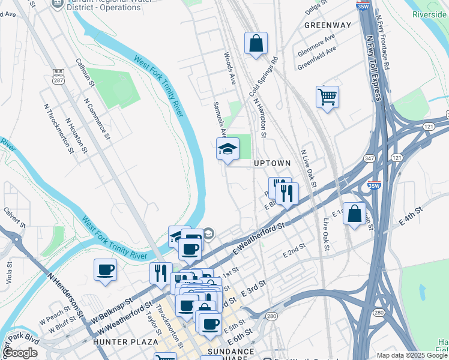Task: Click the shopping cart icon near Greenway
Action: click(327, 97)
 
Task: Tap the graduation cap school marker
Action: click(228, 149)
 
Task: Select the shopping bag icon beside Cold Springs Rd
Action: click(256, 44)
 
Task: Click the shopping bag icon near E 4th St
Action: click(355, 214)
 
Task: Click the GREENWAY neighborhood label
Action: click(327, 25)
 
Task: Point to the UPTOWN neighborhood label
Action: click(272, 163)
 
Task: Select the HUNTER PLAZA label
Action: click(117, 341)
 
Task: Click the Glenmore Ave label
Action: click(316, 46)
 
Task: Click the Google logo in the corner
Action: click(20, 353)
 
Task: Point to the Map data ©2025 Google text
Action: click(412, 355)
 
